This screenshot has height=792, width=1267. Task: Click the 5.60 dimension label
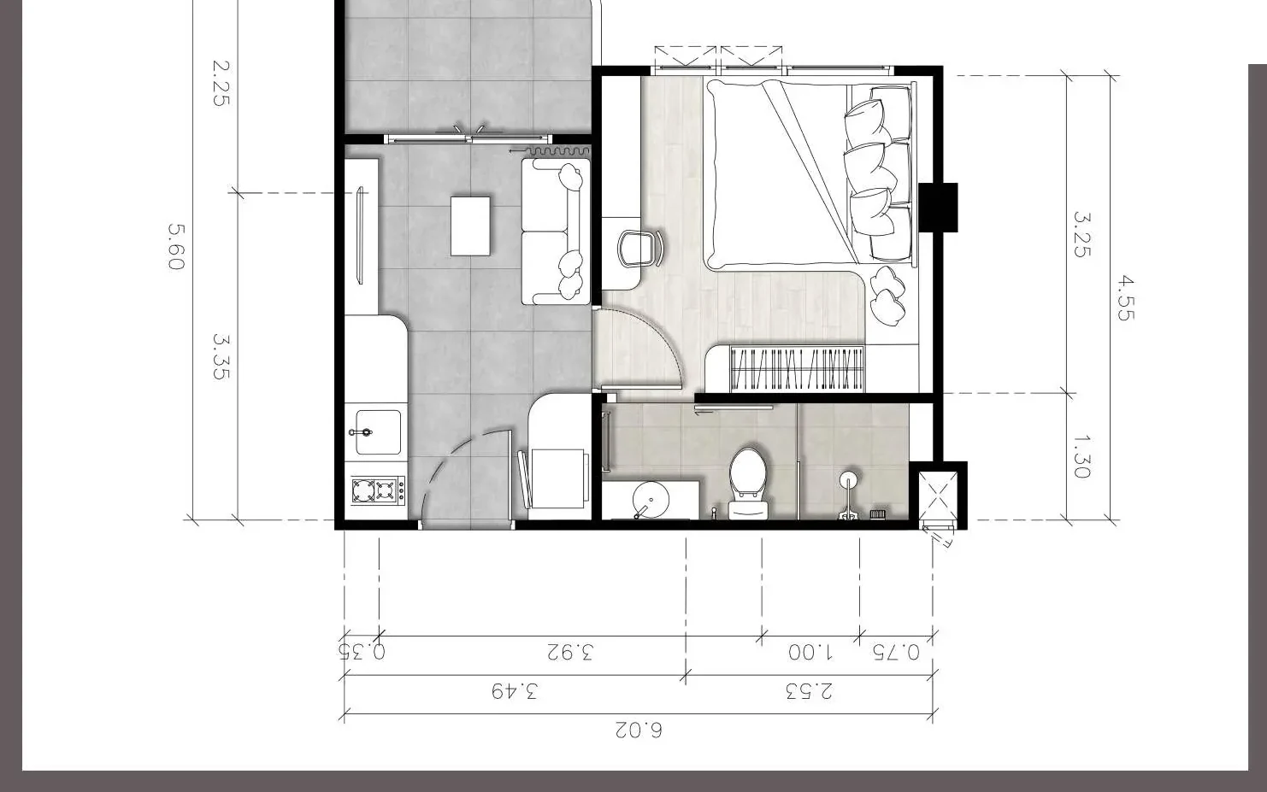(x=176, y=247)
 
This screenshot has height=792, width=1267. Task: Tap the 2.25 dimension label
(x=221, y=83)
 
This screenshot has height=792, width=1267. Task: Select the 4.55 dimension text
(x=1126, y=298)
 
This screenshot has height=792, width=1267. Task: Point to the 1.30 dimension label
(x=1081, y=456)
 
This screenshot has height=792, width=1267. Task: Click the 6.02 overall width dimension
(x=639, y=730)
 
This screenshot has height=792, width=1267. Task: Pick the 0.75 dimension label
(x=896, y=652)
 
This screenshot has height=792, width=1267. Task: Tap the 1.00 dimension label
(x=810, y=652)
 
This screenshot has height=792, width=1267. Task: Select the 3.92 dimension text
(x=570, y=652)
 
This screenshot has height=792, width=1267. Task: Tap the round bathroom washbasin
(x=651, y=500)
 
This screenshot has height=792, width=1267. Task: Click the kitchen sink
(x=378, y=432)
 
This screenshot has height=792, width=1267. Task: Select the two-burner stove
(x=378, y=490)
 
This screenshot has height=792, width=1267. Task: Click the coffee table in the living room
(x=470, y=226)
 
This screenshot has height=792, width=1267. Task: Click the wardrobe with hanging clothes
(x=797, y=368)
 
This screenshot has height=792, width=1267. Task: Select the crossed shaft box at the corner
(x=938, y=496)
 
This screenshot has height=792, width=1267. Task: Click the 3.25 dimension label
(x=1081, y=235)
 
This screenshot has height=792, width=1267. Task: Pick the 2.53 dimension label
(x=810, y=691)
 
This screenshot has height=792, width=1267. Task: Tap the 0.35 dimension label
(x=362, y=651)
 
